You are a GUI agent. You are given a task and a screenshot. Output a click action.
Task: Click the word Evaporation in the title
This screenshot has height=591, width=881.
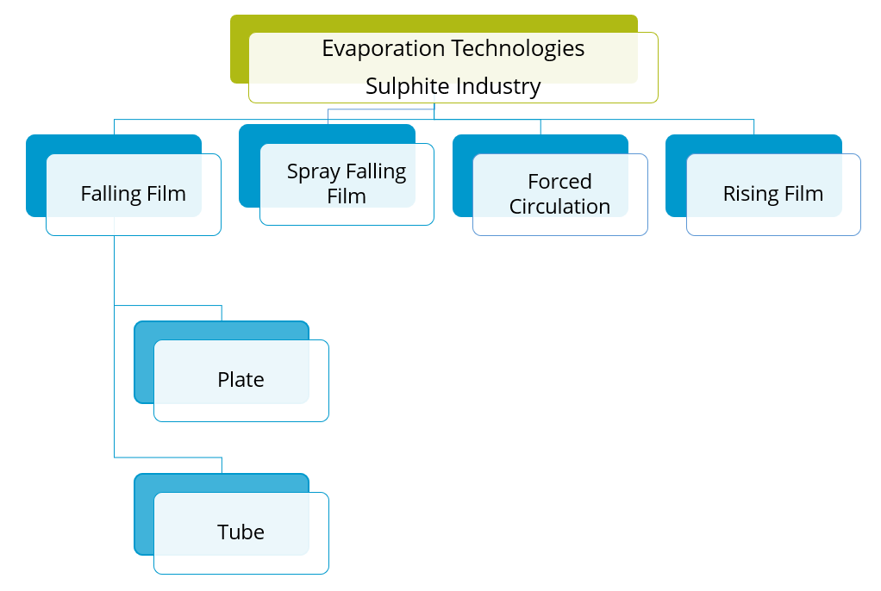(x=376, y=49)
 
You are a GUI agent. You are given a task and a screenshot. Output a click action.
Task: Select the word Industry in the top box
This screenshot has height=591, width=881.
(x=499, y=87)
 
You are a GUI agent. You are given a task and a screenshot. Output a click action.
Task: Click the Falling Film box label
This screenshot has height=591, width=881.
(x=133, y=194)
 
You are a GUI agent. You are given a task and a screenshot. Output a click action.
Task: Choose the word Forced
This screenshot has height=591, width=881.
(x=559, y=182)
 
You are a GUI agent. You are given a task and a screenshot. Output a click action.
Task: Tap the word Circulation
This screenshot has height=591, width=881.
(x=559, y=207)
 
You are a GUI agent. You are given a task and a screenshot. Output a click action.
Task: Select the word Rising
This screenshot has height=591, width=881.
(x=750, y=194)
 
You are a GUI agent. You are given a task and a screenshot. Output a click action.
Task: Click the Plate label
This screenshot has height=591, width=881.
(x=241, y=380)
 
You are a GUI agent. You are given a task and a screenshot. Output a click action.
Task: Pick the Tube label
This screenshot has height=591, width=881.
(x=241, y=532)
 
